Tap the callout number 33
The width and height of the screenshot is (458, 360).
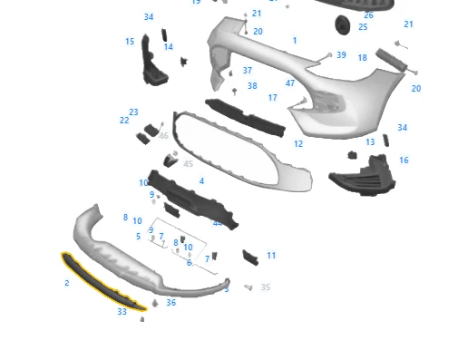click(x=122, y=312)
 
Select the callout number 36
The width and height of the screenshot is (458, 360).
click(x=171, y=303)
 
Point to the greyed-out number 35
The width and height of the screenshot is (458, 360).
click(x=266, y=287)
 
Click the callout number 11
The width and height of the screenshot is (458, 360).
click(x=271, y=256)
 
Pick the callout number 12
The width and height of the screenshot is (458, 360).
click(x=298, y=144)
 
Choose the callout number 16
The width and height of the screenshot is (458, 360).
click(x=404, y=161)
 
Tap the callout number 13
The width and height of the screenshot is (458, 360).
click(x=370, y=142)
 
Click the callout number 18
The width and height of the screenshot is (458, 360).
click(x=363, y=58)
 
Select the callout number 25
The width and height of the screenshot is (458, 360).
click(x=363, y=27)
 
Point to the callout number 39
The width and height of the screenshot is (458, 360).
click(x=341, y=55)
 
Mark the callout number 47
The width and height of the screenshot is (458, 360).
click(x=290, y=83)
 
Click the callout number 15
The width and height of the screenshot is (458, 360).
click(x=130, y=42)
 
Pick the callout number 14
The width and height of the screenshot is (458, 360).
click(x=168, y=47)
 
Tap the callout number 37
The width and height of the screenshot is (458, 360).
click(x=248, y=71)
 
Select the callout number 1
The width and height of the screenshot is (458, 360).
click(x=295, y=41)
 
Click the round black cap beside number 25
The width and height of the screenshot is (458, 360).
click(x=342, y=24)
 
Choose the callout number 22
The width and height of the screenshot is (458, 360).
click(x=124, y=120)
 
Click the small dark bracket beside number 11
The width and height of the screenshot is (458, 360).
click(x=249, y=258)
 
